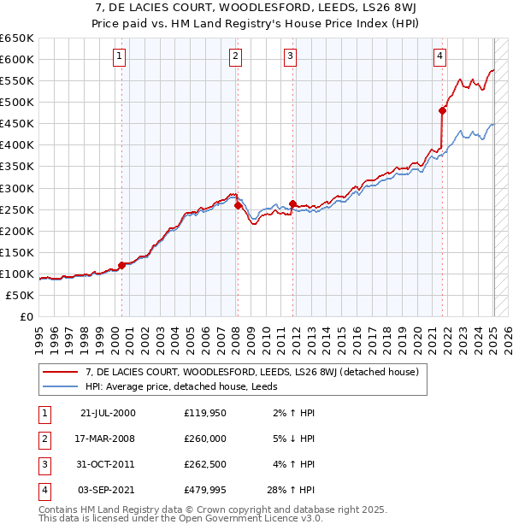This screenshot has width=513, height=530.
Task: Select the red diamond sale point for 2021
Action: point(442,110)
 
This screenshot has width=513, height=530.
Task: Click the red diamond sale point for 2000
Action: point(121,265)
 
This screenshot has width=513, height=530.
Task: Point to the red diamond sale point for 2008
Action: point(236,205)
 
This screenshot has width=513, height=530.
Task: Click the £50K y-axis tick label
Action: point(21,295)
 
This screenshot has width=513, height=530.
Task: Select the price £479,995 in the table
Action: point(205,490)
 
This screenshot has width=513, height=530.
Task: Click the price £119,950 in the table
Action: point(205,413)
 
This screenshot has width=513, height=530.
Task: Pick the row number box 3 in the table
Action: point(44,464)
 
